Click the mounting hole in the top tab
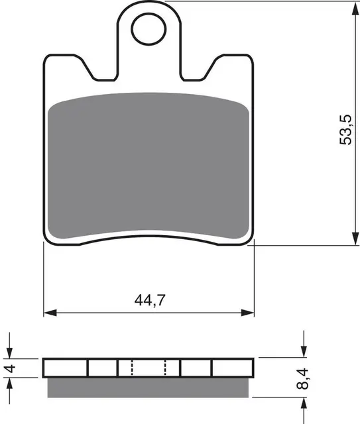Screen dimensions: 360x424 click(149, 28)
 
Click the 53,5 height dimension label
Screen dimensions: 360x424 click(345, 130)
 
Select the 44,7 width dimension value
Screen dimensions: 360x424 click(150, 300)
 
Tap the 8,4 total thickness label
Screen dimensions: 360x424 click(302, 378)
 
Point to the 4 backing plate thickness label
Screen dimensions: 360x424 click(11, 368)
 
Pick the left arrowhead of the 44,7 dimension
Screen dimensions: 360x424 click(50, 313)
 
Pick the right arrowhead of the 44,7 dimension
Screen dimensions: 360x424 click(247, 313)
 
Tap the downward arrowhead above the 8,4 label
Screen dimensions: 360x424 click(304, 350)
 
